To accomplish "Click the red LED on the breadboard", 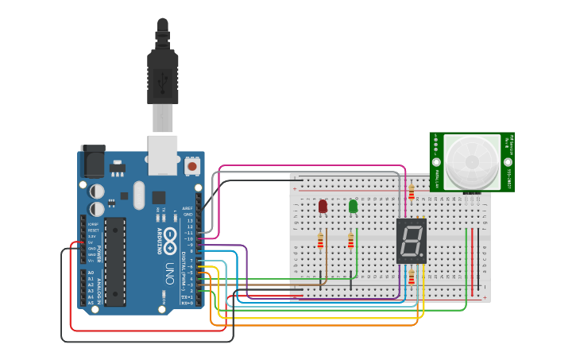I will point(323,206).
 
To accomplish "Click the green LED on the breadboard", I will point(353,206).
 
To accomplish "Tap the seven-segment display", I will point(412,241).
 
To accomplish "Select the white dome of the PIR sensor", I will point(472,162).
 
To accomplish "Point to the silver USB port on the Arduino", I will point(163,154).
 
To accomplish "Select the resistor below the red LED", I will point(320,240).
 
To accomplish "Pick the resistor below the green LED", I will point(350,240).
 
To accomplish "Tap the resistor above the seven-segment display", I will point(411,192).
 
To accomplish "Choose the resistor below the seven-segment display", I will point(411,277).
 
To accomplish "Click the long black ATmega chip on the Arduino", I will point(115,261).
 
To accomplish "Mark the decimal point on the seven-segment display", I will point(422,256).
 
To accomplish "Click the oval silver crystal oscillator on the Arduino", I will point(140,195).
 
